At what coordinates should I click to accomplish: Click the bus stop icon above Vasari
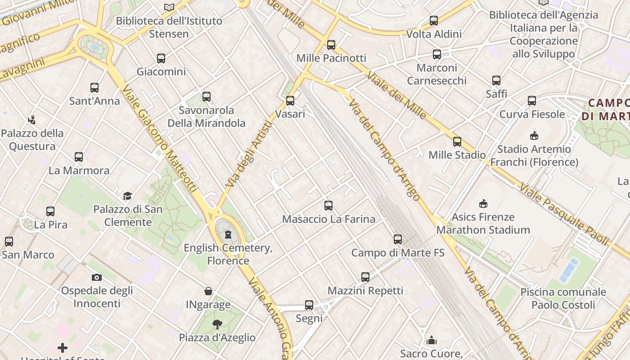[290, 100]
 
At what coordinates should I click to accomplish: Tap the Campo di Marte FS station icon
[398, 239]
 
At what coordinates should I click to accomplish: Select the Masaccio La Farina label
[328, 219]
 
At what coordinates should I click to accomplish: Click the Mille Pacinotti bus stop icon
[331, 45]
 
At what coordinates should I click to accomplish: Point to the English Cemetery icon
[228, 234]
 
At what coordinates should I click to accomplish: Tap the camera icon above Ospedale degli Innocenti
[96, 277]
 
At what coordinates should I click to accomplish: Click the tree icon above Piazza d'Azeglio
[217, 324]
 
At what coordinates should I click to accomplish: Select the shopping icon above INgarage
[208, 291]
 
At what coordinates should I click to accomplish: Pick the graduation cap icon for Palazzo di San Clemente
[128, 196]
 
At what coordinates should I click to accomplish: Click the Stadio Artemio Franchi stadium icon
[534, 135]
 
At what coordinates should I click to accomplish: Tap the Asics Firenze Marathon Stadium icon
[483, 203]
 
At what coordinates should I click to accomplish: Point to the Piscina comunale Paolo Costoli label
[563, 298]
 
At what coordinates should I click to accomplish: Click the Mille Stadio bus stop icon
[457, 142]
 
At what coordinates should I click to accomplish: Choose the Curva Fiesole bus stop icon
[532, 101]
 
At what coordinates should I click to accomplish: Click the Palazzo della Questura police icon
[31, 120]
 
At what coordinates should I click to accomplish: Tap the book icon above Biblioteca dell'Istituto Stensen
[169, 7]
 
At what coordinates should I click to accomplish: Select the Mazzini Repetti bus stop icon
[365, 277]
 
